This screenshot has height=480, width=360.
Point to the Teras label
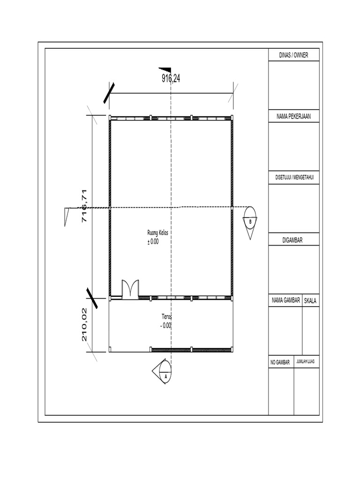coord(166,317)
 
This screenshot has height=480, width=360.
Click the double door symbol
coord(130,289)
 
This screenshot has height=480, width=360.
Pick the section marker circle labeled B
coord(250,220)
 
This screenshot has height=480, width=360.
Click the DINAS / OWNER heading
coord(294,55)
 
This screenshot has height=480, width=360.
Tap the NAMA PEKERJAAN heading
coord(294,116)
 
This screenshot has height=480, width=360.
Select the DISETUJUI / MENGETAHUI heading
coord(294,178)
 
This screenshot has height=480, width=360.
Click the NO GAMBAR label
coord(280,362)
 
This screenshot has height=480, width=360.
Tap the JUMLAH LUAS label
coord(307,362)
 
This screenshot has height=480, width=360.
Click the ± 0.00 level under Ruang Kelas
coord(153,242)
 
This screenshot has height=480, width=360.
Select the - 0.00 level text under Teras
coord(165,325)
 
